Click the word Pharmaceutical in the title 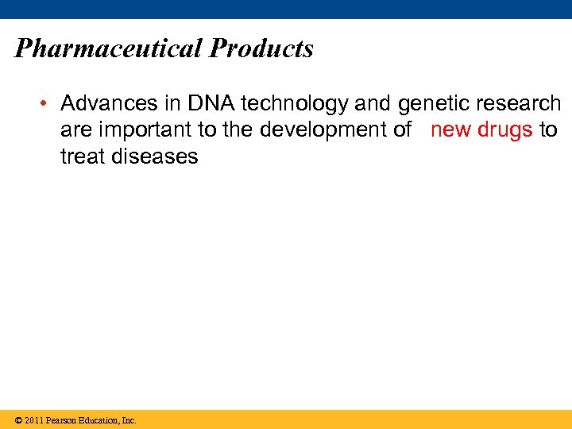click(109, 49)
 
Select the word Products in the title click(261, 49)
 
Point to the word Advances click(104, 103)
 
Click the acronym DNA click(209, 103)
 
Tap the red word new click(450, 130)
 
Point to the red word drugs click(504, 130)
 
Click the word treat click(81, 157)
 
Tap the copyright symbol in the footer click(17, 420)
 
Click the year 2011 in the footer click(33, 420)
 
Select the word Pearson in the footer click(61, 420)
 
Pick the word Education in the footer click(99, 420)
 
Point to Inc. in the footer click(129, 420)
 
